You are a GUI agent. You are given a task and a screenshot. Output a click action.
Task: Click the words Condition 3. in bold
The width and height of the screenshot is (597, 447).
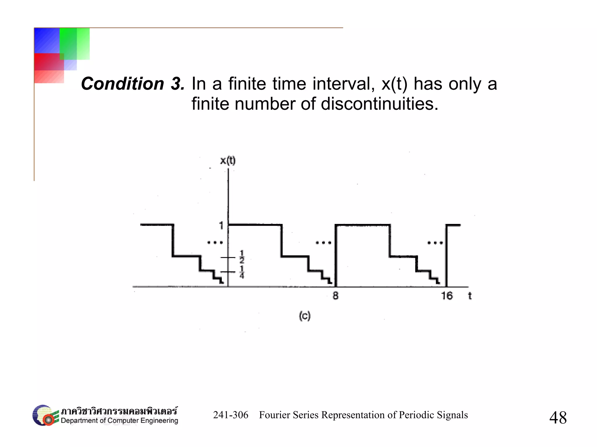133,84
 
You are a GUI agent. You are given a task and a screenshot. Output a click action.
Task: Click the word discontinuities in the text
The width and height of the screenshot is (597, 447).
379,104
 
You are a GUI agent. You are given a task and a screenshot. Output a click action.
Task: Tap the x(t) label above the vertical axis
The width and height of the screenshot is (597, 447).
228,160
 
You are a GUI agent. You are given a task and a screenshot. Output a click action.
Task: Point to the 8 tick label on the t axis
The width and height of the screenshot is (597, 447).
336,296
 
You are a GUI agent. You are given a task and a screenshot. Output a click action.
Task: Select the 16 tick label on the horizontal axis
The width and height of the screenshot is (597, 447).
447,296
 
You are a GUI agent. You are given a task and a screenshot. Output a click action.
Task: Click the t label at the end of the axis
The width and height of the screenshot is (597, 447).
470,296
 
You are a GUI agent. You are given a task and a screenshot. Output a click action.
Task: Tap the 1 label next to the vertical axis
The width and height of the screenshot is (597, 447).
221,225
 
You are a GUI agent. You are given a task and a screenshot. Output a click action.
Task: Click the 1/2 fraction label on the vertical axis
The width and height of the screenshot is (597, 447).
242,257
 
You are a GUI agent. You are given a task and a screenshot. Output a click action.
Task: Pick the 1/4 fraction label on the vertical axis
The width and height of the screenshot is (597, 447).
242,272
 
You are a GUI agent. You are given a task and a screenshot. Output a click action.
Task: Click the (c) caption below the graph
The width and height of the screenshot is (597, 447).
305,316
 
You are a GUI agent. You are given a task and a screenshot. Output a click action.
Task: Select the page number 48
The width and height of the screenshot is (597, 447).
558,418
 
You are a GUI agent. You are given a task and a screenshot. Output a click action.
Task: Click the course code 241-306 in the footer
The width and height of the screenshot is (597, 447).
231,415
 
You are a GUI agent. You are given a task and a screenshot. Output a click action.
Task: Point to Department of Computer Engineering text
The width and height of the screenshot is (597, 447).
119,421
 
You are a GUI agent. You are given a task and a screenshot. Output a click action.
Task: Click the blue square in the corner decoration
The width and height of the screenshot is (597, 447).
47,40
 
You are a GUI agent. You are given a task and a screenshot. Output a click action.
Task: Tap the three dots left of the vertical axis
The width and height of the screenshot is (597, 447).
215,242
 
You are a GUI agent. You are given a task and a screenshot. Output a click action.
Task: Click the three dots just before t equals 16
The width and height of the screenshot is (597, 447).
435,243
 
